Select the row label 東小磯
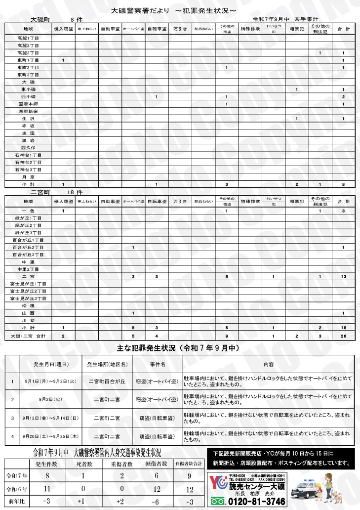(x=28, y=89)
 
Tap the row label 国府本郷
(x=28, y=104)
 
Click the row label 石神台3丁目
(x=28, y=169)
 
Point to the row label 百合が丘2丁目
(x=28, y=247)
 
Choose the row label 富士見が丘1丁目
(x=28, y=284)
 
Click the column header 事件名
(x=157, y=364)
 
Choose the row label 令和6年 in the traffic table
(x=16, y=489)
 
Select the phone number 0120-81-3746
(x=257, y=502)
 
